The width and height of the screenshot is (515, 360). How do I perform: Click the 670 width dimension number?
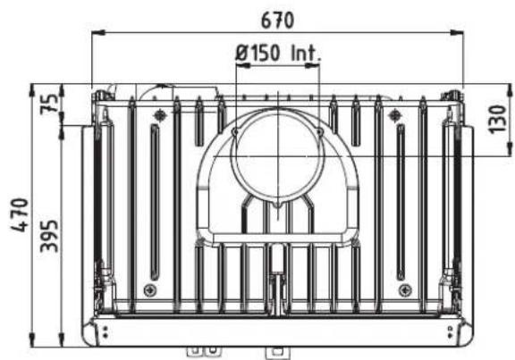coord(277,21)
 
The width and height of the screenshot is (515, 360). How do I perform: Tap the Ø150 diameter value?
coord(257,53)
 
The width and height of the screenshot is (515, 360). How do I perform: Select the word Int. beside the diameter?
coord(306,53)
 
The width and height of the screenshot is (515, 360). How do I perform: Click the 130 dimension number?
coord(498,120)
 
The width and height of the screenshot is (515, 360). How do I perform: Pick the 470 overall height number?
coord(20,215)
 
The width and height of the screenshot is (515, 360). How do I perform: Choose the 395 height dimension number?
coord(49,237)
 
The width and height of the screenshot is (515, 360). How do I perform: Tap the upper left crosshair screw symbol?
coord(160,115)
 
